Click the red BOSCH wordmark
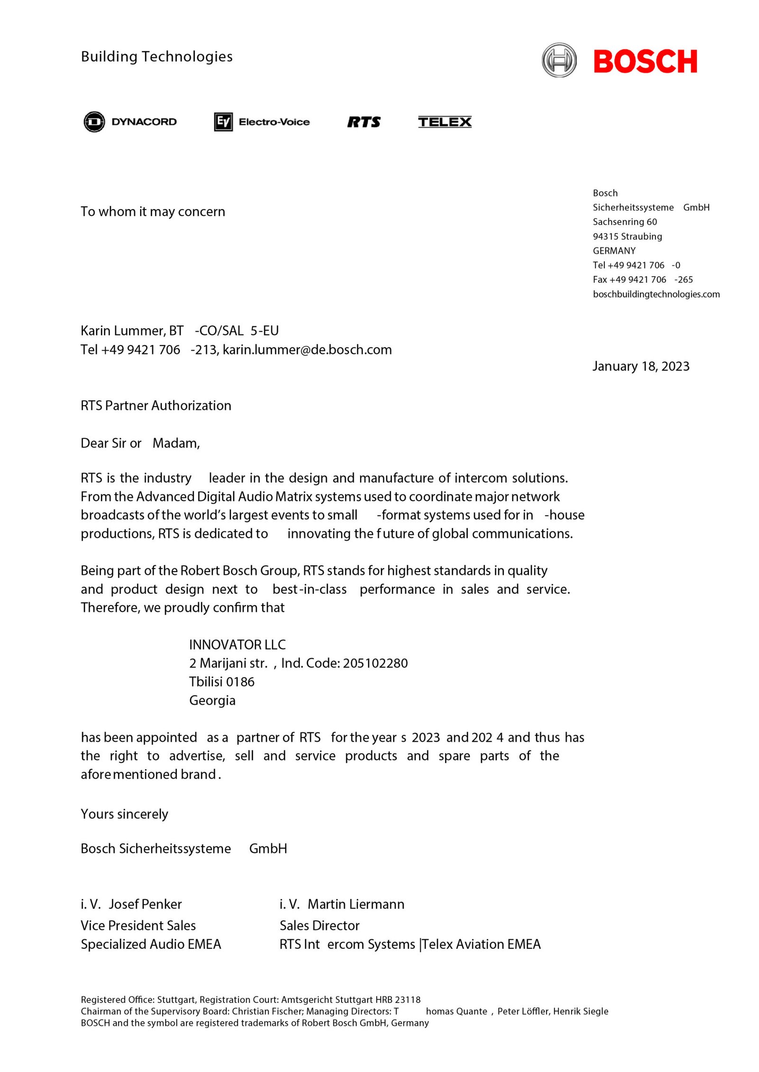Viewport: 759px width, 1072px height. pos(645,61)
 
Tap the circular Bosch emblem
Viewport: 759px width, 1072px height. pos(559,60)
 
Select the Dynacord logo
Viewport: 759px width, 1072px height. pos(130,122)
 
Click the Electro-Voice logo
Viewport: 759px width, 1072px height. pos(262,122)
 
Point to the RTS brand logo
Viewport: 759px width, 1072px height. pos(364,122)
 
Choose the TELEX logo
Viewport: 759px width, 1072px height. pos(444,122)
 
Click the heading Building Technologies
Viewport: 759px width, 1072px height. pos(157,56)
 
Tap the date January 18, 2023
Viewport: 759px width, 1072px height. pos(640,366)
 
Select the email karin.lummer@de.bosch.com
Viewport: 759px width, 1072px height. pos(307,350)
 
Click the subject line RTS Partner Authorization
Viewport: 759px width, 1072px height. pos(156,405)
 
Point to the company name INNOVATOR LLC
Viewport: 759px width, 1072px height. pos(237,645)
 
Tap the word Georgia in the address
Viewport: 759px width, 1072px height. pos(212,700)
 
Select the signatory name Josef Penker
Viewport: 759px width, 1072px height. pos(145,904)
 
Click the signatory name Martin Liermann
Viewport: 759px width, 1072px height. pos(356,904)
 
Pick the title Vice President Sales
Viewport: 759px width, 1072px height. pos(138,926)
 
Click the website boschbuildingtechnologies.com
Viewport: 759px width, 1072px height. pos(656,294)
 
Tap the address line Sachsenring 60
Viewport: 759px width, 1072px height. pos(625,222)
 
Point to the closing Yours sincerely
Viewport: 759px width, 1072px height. pos(124,814)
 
